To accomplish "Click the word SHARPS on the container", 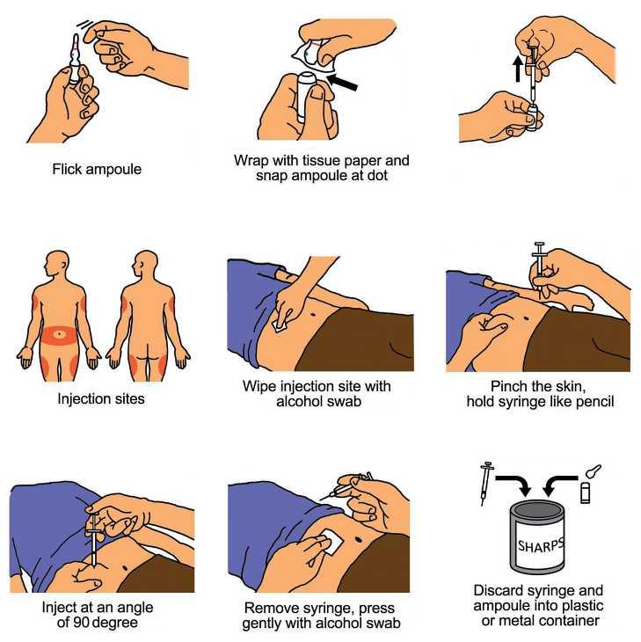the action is [x=541, y=544].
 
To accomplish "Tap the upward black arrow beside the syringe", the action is [x=518, y=69].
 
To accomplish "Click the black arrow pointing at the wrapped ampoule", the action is [x=343, y=82].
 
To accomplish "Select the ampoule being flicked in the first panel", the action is [x=75, y=60].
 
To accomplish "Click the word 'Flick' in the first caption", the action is [x=67, y=169].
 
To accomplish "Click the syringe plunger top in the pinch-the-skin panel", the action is [x=540, y=244].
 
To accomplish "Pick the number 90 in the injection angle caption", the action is [x=82, y=623].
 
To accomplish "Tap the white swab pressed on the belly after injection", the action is [x=332, y=542].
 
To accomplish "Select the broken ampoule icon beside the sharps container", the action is [x=589, y=483].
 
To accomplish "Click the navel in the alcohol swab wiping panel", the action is [x=314, y=315].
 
